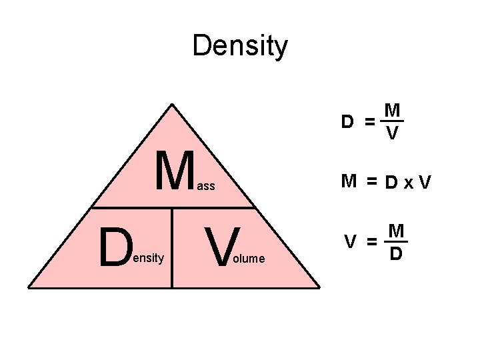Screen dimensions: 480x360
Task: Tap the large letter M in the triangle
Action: click(175, 171)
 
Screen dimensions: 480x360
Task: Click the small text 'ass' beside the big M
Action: click(206, 187)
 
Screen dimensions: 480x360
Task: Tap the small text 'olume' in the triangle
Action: click(248, 258)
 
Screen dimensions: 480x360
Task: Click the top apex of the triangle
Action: click(173, 104)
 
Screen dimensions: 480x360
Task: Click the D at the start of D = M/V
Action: click(347, 122)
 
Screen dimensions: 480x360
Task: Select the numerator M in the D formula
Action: click(393, 110)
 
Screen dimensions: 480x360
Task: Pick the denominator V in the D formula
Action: click(393, 134)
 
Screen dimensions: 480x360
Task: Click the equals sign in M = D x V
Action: click(371, 181)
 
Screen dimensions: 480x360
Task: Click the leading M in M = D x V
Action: click(349, 181)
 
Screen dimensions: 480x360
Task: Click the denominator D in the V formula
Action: click(395, 254)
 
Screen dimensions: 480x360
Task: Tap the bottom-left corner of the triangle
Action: click(29, 287)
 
